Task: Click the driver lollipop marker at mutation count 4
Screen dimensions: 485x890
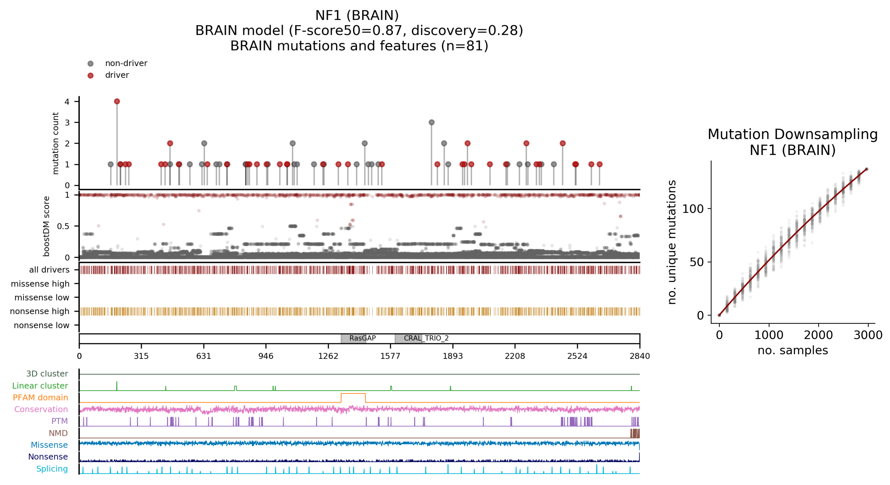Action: [x=117, y=101]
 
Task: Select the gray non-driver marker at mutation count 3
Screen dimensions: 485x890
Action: [x=431, y=122]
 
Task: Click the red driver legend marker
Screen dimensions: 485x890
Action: [x=91, y=75]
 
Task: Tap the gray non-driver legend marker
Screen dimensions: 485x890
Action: [x=91, y=63]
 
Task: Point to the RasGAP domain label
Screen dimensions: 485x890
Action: [x=362, y=338]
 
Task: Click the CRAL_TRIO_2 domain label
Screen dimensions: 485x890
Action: [x=426, y=338]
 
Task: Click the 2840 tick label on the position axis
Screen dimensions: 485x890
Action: [x=640, y=356]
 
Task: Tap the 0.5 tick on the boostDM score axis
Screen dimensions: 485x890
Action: [x=63, y=226]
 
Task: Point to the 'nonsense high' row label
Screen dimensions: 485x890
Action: [x=40, y=311]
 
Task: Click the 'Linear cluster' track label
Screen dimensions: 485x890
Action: [x=40, y=386]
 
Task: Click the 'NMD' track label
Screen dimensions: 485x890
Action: [x=58, y=433]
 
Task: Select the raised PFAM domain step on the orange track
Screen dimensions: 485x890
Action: [x=353, y=394]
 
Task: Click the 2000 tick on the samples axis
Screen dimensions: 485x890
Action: [x=818, y=335]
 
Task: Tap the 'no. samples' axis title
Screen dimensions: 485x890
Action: [x=793, y=350]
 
